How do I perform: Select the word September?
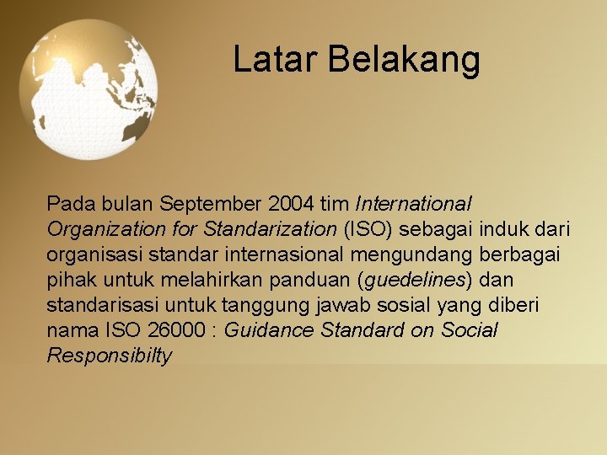(211, 204)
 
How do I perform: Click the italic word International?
(414, 204)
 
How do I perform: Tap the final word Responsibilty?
(110, 356)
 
